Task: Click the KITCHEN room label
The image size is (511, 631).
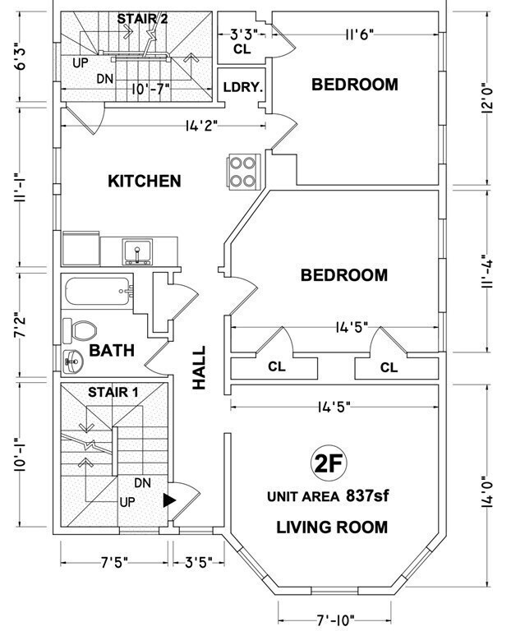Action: (x=145, y=181)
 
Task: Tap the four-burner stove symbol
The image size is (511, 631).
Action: (x=242, y=171)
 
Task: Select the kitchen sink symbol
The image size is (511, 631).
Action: (x=137, y=252)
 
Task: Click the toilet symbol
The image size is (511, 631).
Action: (x=80, y=331)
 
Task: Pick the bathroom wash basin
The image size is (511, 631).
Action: (x=73, y=362)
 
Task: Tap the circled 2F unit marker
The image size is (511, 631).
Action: (x=329, y=463)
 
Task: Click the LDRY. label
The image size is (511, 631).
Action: (x=243, y=87)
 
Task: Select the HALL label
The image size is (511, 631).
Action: (x=199, y=367)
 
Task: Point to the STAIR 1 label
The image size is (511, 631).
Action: (x=113, y=392)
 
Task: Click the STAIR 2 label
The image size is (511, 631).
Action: (x=142, y=19)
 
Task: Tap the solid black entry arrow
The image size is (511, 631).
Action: (x=169, y=500)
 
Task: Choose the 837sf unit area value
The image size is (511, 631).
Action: (x=367, y=495)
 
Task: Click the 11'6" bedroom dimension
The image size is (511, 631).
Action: (x=360, y=35)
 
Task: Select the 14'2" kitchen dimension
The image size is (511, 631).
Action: (x=201, y=126)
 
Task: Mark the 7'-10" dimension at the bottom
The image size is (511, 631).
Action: (x=335, y=619)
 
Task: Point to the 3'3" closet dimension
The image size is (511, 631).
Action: (x=243, y=35)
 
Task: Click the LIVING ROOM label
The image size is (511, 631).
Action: (x=332, y=527)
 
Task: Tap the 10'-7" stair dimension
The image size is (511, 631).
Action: (x=150, y=88)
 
